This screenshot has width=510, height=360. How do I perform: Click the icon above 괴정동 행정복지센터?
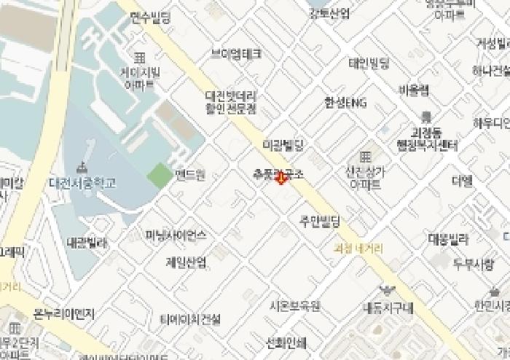click(x=426, y=117)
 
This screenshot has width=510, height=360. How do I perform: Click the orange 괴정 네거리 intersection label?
click(x=359, y=248)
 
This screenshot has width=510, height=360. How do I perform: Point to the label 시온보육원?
click(x=294, y=306)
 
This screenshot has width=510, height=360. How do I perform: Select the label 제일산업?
click(x=186, y=262)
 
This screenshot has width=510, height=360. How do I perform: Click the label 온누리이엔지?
click(x=64, y=315)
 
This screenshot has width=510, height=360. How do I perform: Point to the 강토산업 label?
click(x=329, y=13)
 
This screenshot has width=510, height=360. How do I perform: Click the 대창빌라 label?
click(x=448, y=238)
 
